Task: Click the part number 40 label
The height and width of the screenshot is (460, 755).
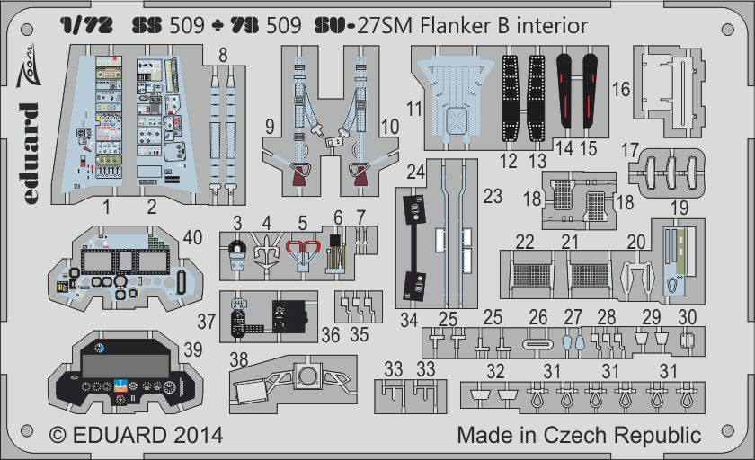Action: click(191, 237)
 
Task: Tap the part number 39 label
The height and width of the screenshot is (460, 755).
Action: click(191, 349)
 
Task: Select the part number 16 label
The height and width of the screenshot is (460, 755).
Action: click(621, 89)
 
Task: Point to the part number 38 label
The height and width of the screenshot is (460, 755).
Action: click(239, 359)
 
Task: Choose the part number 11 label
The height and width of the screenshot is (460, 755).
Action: click(413, 109)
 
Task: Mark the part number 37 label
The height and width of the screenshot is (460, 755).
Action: click(208, 321)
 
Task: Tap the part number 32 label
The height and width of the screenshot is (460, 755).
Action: click(494, 370)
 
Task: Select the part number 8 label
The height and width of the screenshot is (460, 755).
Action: click(223, 55)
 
